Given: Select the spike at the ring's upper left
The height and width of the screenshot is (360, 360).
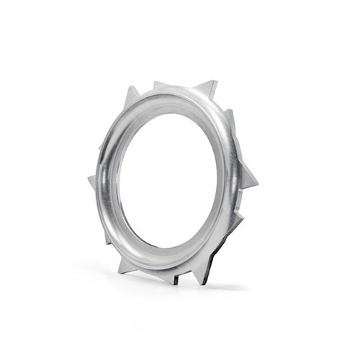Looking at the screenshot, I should tap(132, 97).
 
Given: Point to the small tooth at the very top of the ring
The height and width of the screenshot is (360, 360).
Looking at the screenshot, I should tap(159, 85).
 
